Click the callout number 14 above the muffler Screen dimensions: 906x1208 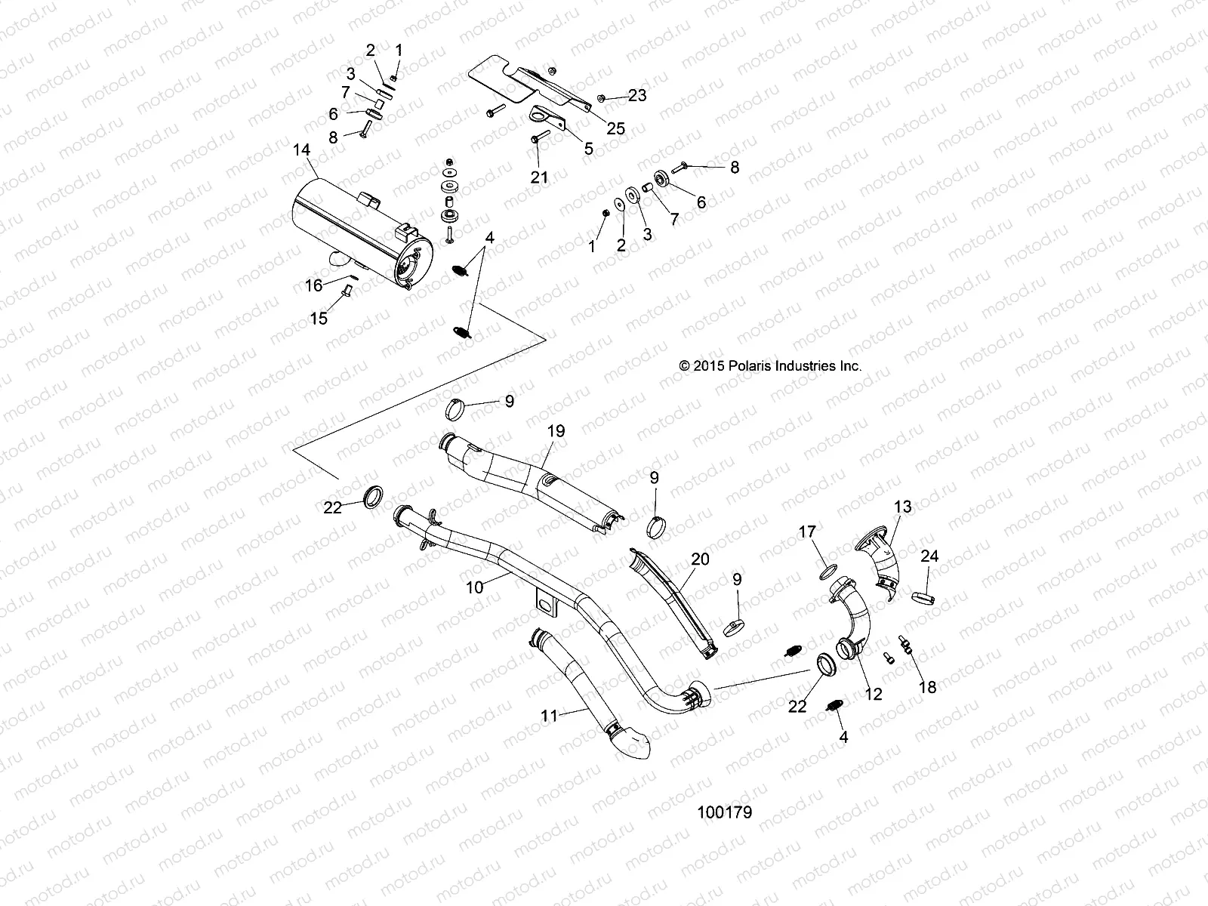coord(301,150)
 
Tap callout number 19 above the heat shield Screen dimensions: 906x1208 coord(556,431)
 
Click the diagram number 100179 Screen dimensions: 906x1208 coord(724,812)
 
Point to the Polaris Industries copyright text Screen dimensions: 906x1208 coord(770,365)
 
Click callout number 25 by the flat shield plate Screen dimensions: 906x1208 coord(616,128)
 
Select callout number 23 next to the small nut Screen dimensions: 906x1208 coord(637,96)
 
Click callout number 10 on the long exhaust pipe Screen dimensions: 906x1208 coord(475,586)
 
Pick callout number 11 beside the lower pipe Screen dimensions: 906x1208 coord(550,715)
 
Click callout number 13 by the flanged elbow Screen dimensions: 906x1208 coord(903,507)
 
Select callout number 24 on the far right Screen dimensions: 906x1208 coord(929,556)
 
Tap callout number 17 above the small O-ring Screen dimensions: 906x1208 coord(807,533)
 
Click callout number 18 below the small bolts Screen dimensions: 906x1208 coord(927,686)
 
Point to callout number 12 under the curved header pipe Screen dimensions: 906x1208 coord(873,695)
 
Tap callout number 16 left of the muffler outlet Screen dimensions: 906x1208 coord(313,285)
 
